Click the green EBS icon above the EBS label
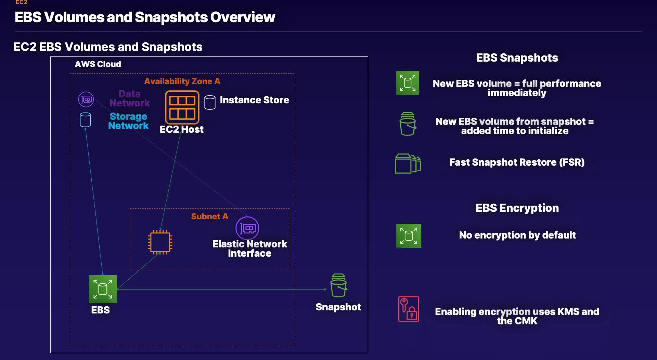coord(103,289)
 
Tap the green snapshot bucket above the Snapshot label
coord(339,285)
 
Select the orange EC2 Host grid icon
coord(182,107)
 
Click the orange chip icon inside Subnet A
coord(160,242)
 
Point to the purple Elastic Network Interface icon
coord(247,228)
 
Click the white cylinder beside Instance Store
coord(210,102)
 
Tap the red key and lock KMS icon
coord(409,309)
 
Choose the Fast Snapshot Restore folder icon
coord(408,164)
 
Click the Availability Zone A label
coord(182,81)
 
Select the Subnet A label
coord(209,216)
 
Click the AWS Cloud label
coord(98,64)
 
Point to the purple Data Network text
coord(130,98)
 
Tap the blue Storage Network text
coord(128,121)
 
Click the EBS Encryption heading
coord(517,208)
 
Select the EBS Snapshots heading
coord(517,57)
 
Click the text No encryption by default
coord(517,235)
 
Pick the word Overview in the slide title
coord(243,17)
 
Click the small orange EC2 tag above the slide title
coord(21,2)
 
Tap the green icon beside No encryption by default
coord(409,236)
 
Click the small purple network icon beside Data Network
coord(86,100)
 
